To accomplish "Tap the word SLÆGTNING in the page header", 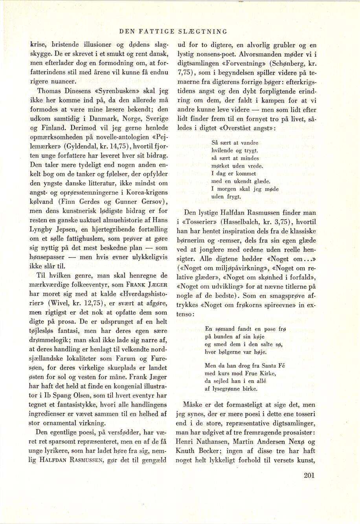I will click(206, 31).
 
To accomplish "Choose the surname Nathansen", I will click(214, 432).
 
